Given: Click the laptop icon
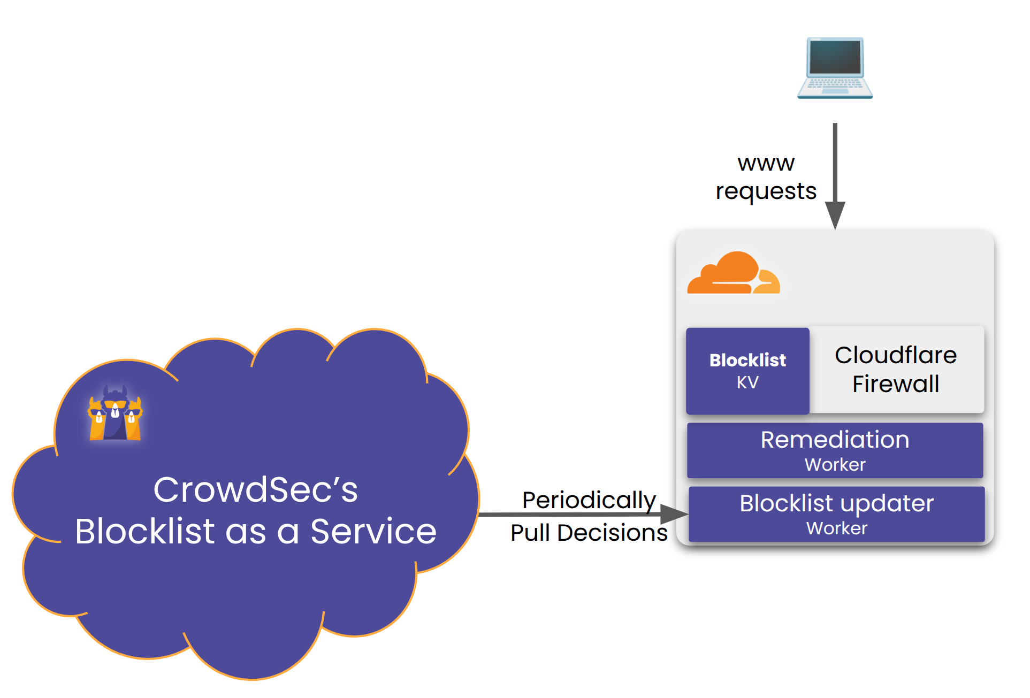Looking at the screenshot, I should tap(835, 68).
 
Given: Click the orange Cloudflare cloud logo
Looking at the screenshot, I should tap(733, 274).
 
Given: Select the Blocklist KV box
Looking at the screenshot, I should tap(747, 371).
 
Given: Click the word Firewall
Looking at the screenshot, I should tap(896, 384).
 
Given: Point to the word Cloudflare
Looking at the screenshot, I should tap(896, 355).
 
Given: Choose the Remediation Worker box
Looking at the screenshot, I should tap(835, 450).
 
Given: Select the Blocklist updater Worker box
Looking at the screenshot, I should tap(836, 514).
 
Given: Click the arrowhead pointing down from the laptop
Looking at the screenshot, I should tap(835, 215).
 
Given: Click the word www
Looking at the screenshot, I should tap(766, 163).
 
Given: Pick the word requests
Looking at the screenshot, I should tap(766, 191).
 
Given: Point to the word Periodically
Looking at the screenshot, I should tap(589, 500).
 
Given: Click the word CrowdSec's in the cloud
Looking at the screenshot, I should tap(255, 489).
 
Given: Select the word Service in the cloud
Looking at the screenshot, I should tap(373, 532).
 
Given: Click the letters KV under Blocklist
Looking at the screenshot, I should tap(747, 382).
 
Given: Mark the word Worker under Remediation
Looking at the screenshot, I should tap(835, 464).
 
